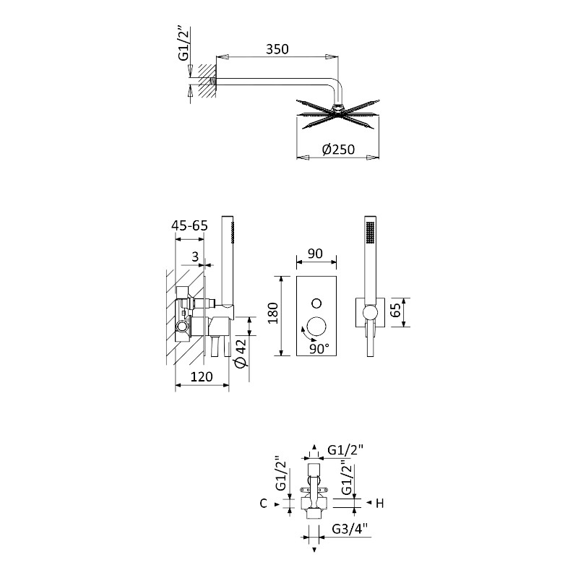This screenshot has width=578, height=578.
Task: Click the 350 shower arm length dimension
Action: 277,49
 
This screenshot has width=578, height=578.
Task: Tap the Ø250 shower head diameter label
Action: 338,150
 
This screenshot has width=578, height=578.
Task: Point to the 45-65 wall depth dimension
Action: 189,225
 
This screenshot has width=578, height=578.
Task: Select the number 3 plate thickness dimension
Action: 195,256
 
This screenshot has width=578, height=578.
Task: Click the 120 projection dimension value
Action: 202,376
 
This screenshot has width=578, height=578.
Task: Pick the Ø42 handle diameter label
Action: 241,353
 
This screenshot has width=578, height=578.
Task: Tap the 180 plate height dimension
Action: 273,313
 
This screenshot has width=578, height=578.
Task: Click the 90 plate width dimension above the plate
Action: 315,254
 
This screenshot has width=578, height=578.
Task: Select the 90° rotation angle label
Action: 319,348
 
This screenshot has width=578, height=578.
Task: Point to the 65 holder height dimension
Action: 394,310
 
